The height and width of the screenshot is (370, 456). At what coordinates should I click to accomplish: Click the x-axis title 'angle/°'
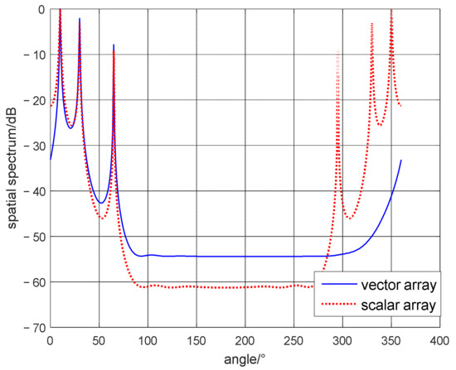click(245, 360)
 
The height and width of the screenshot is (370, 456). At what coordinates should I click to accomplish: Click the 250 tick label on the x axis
click(293, 339)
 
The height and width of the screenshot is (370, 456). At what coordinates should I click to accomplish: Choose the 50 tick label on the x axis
click(99, 339)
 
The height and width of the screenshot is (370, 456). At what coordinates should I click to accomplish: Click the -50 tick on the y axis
click(50, 237)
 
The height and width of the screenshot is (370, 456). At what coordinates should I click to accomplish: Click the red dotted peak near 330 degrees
click(372, 23)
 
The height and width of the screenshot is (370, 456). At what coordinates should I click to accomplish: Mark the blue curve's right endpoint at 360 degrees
click(401, 160)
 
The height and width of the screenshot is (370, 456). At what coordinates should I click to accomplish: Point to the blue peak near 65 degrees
click(114, 45)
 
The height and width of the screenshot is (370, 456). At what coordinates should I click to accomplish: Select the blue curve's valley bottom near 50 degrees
click(100, 203)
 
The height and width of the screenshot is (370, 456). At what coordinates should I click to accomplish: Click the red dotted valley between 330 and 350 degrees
click(381, 125)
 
